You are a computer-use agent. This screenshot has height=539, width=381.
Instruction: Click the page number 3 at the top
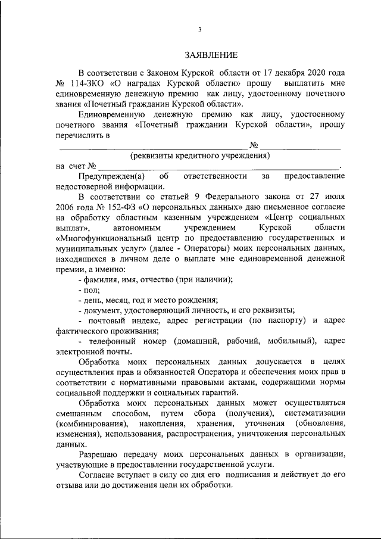tap(200, 30)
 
